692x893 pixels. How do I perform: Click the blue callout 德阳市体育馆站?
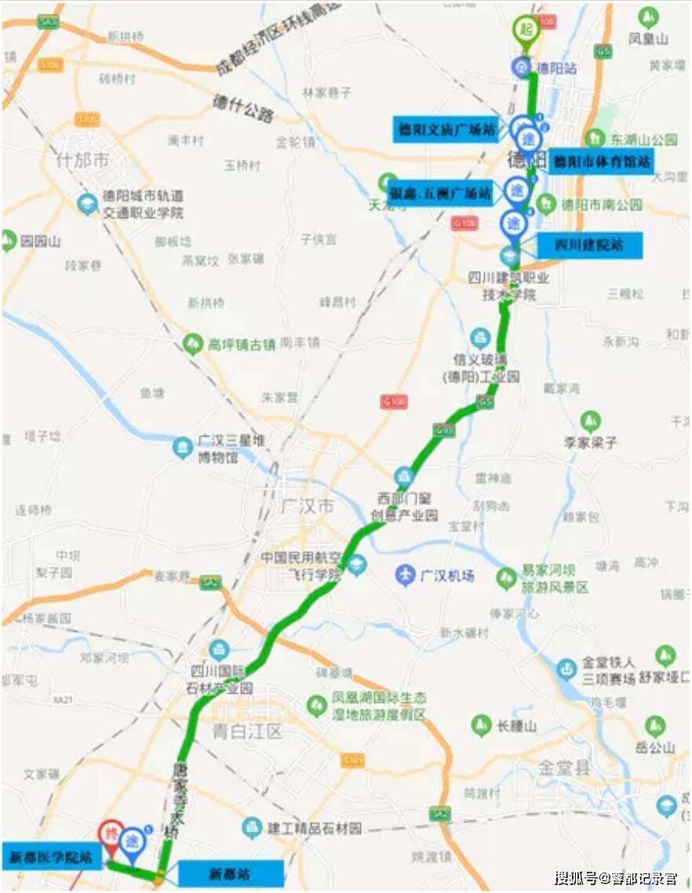click(601, 162)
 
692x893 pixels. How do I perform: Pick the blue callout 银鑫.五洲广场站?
click(441, 192)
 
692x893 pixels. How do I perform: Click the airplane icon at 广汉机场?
click(405, 574)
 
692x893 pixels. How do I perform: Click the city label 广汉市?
click(307, 505)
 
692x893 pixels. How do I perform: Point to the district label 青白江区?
click(247, 732)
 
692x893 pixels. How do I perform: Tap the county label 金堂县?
click(563, 767)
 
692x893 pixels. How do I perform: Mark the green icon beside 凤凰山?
click(648, 16)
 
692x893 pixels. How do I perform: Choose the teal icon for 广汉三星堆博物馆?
click(182, 447)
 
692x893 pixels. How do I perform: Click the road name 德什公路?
click(244, 108)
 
